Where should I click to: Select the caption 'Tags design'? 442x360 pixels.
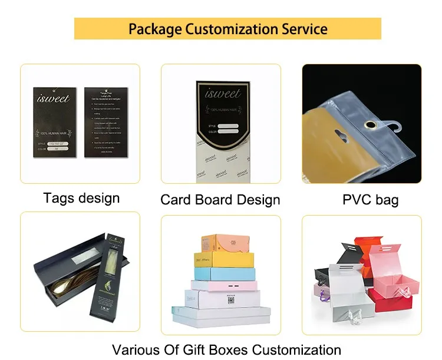tap(81, 198)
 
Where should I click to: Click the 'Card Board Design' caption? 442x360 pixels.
tap(220, 200)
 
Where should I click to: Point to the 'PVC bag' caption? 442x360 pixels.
tap(370, 200)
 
